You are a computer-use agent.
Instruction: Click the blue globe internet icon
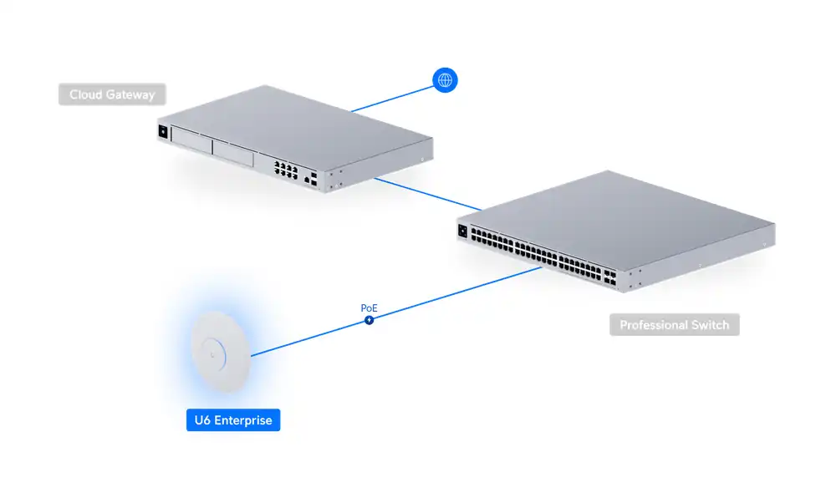pos(446,80)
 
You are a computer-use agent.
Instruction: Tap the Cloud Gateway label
pos(112,94)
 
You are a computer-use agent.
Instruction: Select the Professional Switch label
pos(674,325)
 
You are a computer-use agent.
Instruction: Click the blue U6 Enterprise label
pos(232,420)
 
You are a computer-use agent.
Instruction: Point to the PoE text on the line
pos(369,308)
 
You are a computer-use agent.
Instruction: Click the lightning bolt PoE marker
pos(369,320)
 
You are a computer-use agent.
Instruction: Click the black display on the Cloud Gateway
pos(162,131)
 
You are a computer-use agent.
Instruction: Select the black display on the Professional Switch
pos(461,229)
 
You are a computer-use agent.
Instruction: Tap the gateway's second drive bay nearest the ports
pos(233,153)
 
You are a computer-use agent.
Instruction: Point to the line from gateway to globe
pos(393,97)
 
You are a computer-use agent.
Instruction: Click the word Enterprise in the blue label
pos(243,420)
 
